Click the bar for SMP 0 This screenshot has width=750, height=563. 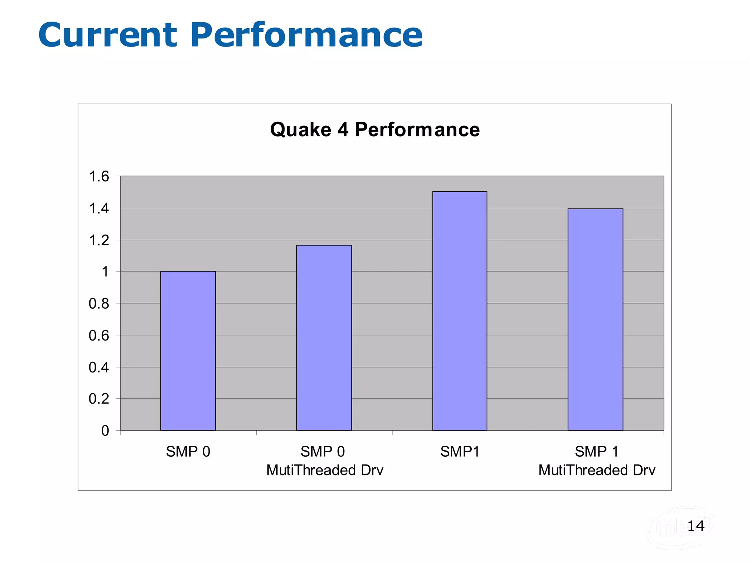click(x=188, y=351)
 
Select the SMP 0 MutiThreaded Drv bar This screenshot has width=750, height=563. click(x=324, y=338)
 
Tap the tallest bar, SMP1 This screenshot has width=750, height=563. click(x=460, y=311)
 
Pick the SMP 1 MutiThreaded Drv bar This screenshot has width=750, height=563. click(x=595, y=319)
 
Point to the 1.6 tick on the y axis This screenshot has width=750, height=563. click(x=99, y=176)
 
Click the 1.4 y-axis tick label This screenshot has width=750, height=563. click(x=99, y=209)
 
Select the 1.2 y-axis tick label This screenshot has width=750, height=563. click(x=99, y=240)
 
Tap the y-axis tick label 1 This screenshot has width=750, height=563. click(x=105, y=272)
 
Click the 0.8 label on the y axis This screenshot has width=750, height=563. click(x=99, y=303)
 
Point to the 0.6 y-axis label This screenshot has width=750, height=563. click(x=99, y=335)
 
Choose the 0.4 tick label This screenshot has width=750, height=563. click(x=99, y=367)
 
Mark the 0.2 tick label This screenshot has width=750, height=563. click(x=99, y=399)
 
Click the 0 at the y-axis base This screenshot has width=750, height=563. click(x=105, y=431)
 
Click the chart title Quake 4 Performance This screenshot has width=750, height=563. click(x=375, y=129)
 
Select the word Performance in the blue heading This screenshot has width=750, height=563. click(x=306, y=35)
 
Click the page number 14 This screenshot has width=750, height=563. click(x=695, y=526)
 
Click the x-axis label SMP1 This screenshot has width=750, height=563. click(x=460, y=452)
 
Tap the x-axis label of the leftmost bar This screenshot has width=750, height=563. click(x=188, y=452)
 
